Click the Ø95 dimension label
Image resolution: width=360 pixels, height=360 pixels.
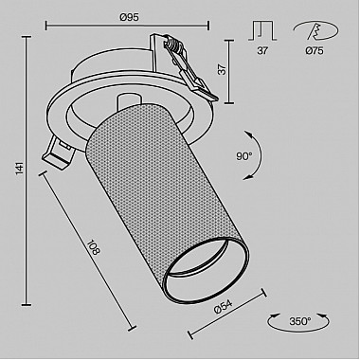pyautogui.click(x=129, y=17)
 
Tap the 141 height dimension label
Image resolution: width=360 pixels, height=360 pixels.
pyautogui.click(x=20, y=169)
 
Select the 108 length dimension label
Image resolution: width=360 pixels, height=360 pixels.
pyautogui.click(x=94, y=247)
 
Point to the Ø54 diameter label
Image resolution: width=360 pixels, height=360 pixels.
pyautogui.click(x=223, y=306)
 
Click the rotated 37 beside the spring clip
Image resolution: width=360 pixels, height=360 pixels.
pyautogui.click(x=223, y=69)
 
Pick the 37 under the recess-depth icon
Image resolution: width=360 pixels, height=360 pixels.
pyautogui.click(x=262, y=50)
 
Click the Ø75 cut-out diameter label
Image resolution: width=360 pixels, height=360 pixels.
pyautogui.click(x=315, y=50)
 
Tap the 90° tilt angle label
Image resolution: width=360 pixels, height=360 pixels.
pyautogui.click(x=244, y=156)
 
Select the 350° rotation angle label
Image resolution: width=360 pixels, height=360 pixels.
pyautogui.click(x=300, y=321)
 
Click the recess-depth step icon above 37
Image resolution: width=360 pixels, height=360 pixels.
pyautogui.click(x=262, y=31)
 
